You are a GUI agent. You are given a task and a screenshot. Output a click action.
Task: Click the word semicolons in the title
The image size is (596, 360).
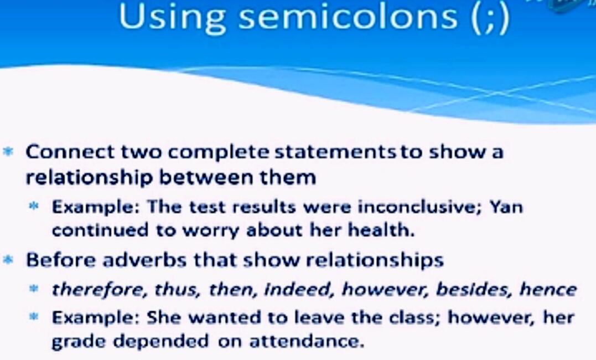pos(348,17)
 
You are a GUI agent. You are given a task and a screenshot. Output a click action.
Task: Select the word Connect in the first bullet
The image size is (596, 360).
pos(70,152)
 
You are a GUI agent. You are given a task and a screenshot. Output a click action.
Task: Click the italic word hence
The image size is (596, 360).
pos(547,289)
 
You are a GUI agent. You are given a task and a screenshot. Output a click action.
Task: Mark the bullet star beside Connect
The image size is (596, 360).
pos(7,151)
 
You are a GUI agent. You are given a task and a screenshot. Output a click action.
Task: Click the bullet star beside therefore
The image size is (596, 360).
pos(34,289)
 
